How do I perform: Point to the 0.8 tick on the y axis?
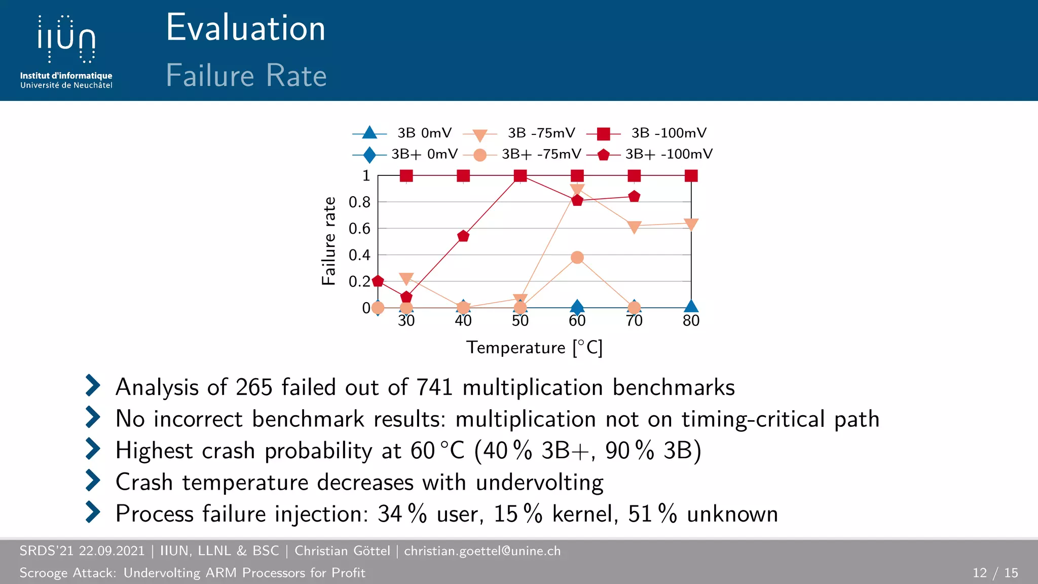point(359,202)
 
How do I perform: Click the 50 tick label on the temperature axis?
point(520,321)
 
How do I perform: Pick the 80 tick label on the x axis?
point(691,321)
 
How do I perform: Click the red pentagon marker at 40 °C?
point(463,236)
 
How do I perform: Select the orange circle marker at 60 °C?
point(577,258)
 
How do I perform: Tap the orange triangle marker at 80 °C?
point(691,224)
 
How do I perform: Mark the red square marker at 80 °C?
point(691,176)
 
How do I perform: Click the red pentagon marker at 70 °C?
point(634,196)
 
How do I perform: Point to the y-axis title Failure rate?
point(329,241)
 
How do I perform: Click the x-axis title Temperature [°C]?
point(534,348)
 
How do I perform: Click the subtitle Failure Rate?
point(246,76)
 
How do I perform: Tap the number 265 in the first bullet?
point(254,388)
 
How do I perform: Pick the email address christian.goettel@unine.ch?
point(482,551)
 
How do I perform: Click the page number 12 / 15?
point(995,573)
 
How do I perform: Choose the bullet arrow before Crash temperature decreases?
point(93,481)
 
